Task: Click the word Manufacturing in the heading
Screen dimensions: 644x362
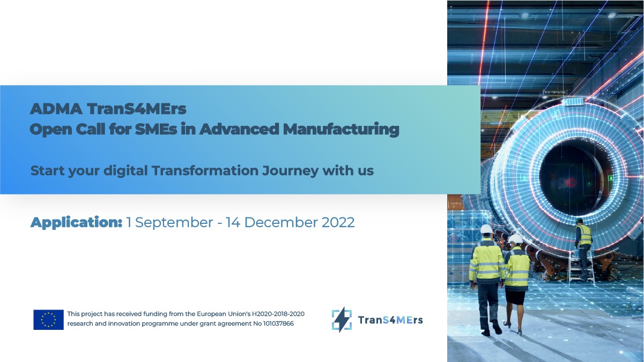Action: coord(341,129)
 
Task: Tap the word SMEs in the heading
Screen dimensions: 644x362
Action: coord(156,129)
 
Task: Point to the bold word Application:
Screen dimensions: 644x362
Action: coord(77,223)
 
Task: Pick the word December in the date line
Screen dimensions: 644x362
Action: coord(281,222)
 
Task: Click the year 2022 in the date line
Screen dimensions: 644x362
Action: coord(338,222)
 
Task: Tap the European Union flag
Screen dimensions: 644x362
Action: coord(48,320)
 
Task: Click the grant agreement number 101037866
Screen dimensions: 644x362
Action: coord(278,323)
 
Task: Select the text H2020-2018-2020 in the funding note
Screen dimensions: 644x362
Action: coord(278,314)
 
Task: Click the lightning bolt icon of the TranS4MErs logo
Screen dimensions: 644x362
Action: coord(342,320)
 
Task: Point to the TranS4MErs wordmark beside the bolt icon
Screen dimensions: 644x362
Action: coord(390,320)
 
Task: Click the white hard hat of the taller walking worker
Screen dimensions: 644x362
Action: coord(486,229)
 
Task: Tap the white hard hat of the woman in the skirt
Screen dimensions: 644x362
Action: coord(515,238)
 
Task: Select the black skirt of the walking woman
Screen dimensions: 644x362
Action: coord(515,296)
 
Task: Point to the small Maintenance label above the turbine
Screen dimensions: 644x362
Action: coord(555,92)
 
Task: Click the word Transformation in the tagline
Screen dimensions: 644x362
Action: coord(205,170)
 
